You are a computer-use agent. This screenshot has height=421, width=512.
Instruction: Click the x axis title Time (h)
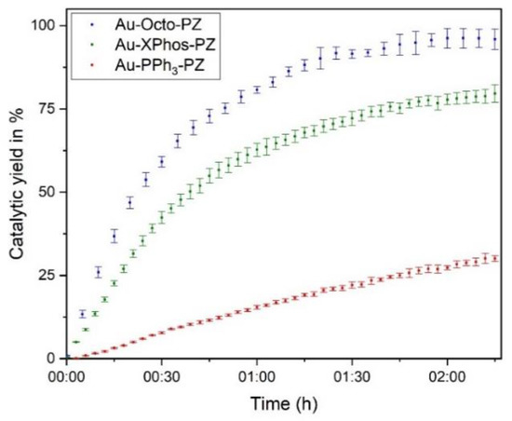click(280, 405)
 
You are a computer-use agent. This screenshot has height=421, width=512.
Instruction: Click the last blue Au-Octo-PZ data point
click(494, 38)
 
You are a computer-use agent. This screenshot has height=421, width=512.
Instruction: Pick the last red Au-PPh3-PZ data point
click(494, 258)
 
